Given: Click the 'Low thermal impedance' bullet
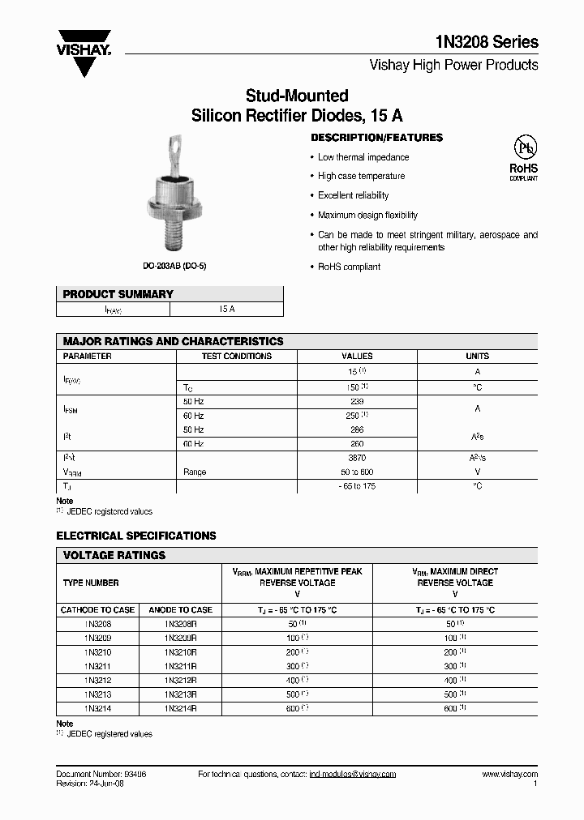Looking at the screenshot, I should coord(363,157).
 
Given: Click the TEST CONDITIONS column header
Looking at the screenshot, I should coord(236,356).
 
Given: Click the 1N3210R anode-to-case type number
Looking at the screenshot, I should coord(180,651).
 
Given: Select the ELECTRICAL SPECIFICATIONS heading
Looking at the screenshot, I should coord(136,536).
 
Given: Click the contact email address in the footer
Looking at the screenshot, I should coord(352,775).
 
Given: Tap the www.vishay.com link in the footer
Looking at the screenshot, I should coord(509,775).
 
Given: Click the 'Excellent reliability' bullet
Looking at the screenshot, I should coord(353,195).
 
